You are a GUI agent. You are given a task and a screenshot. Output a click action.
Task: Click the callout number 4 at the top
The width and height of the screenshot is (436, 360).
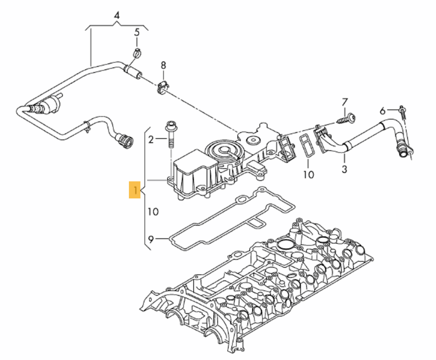pyautogui.click(x=116, y=14)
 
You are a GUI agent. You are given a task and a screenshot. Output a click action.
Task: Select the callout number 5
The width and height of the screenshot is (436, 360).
pyautogui.click(x=137, y=31)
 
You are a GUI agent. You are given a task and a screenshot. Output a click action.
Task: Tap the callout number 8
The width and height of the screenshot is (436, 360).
pyautogui.click(x=163, y=65)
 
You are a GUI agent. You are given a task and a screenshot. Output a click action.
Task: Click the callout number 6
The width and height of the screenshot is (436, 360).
pyautogui.click(x=382, y=111)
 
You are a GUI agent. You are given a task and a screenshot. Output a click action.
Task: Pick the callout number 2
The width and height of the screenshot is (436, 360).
pyautogui.click(x=152, y=140)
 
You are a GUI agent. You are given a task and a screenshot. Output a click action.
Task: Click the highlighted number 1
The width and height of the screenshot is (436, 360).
pyautogui.click(x=136, y=191)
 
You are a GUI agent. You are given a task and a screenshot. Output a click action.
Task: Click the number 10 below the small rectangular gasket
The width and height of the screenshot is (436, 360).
pyautogui.click(x=308, y=175)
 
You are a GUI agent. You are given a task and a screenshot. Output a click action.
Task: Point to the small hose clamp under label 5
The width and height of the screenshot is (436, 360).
pyautogui.click(x=137, y=52)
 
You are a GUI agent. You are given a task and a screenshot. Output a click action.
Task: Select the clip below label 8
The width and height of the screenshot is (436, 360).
pyautogui.click(x=160, y=88)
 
